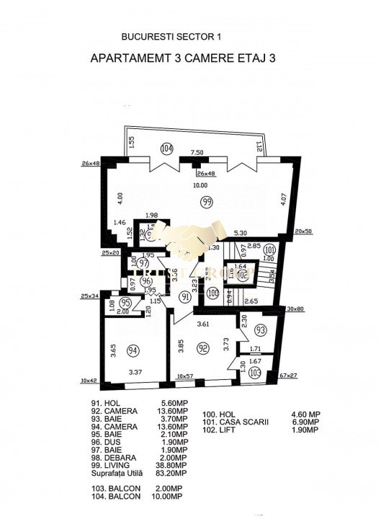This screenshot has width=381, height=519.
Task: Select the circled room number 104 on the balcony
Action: coord(167,149)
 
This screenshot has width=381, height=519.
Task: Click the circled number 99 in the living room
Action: coord(207,201)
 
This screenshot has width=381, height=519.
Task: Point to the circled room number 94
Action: coord(132,351)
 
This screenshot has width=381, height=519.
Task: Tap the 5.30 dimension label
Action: coord(241,233)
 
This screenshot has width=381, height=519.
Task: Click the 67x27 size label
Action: coord(290,376)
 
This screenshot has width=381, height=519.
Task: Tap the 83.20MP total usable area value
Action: coord(173,474)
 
